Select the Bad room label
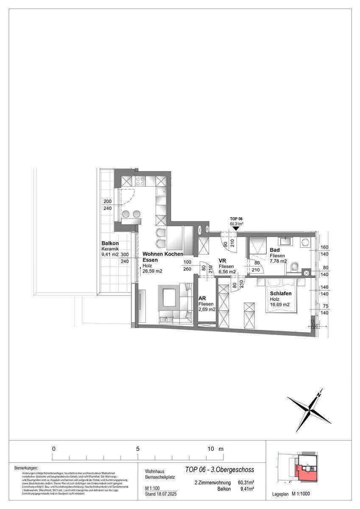(x=274, y=250)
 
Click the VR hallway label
(x=223, y=260)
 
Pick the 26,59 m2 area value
(x=153, y=271)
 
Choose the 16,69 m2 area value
(x=280, y=304)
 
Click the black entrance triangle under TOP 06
(x=236, y=228)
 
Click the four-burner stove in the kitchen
(x=140, y=182)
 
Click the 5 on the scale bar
(x=138, y=449)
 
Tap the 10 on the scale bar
(x=211, y=449)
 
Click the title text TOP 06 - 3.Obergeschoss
(x=220, y=470)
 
